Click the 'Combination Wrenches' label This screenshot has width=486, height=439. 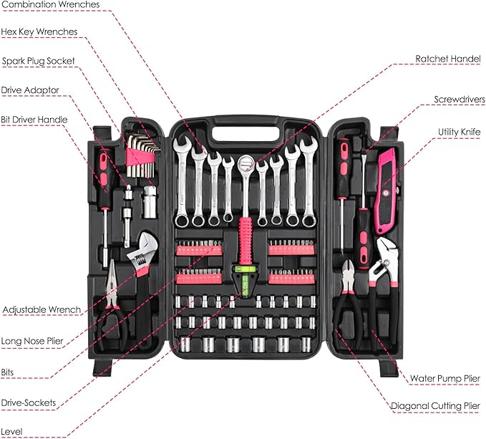coord(49,5)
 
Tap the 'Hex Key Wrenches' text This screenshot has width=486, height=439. coord(39,32)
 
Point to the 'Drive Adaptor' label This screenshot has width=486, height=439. coord(30,90)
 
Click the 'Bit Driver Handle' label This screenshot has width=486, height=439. coord(35,119)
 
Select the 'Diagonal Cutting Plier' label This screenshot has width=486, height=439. coord(435,406)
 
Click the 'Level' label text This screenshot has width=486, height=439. coord(12,431)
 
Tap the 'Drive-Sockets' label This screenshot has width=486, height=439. coord(29,402)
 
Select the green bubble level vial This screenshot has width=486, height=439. coord(243,272)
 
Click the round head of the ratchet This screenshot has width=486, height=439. coord(246,164)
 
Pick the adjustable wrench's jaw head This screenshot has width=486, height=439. coord(139,243)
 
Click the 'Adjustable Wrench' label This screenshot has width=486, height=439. coord(42,310)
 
